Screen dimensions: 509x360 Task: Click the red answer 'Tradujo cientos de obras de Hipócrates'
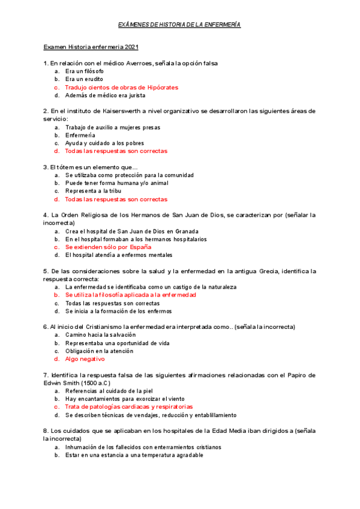click(121, 87)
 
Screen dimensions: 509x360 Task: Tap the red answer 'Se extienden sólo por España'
click(108, 247)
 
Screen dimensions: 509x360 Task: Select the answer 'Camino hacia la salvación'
click(100, 335)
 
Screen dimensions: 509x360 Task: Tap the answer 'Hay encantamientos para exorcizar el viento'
click(125, 399)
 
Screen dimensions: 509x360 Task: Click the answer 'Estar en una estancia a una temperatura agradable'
click(134, 455)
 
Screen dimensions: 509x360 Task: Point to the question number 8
click(46, 431)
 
